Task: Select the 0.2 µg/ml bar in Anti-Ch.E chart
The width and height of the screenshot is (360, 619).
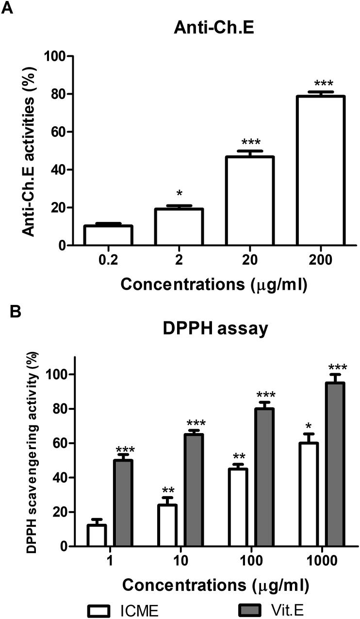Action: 108,235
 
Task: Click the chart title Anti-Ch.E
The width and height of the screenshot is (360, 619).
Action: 214,30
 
